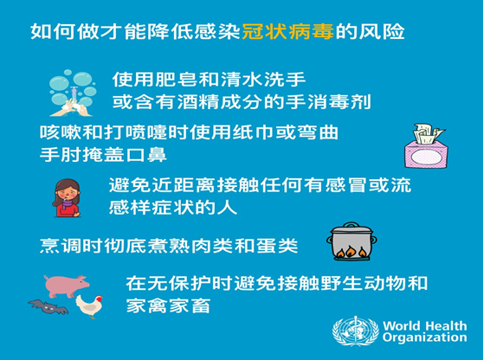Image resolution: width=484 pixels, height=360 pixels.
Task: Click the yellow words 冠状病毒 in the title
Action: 287,31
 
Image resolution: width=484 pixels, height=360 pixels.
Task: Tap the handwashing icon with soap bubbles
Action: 73,93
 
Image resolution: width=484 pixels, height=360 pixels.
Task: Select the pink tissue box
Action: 426,146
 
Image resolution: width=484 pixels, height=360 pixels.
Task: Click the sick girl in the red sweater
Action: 67,198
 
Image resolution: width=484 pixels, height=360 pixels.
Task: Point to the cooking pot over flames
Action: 352,241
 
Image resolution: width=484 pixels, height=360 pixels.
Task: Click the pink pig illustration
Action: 67,286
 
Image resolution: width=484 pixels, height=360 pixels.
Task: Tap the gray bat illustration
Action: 48,306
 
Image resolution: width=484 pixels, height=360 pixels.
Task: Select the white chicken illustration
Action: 89,306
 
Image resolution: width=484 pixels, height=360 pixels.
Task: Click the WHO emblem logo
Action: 356,331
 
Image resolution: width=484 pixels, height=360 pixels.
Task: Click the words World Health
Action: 425,325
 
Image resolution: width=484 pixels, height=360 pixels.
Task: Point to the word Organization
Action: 425,337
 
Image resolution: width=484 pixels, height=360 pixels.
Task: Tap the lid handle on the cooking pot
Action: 352,224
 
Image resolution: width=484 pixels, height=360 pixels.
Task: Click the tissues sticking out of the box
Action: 429,133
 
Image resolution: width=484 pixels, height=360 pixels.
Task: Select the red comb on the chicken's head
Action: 99,298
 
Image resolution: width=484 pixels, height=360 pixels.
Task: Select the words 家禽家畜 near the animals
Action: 168,305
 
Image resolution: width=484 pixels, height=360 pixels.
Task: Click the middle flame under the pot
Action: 352,252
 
